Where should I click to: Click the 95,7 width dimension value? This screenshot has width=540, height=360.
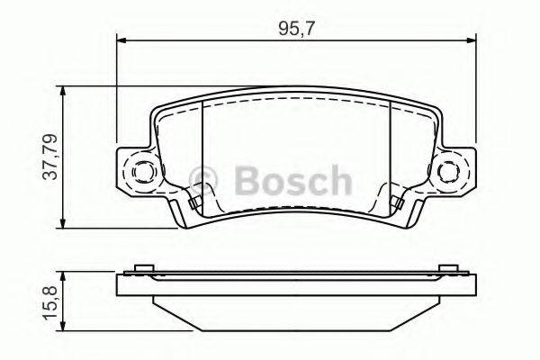click(x=297, y=27)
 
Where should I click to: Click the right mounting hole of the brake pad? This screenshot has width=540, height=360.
click(x=449, y=170)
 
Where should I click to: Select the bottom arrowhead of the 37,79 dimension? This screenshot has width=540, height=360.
click(x=63, y=223)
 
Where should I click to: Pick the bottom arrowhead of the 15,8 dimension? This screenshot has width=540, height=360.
click(x=63, y=327)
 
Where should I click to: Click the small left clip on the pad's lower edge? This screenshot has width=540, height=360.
click(x=194, y=203)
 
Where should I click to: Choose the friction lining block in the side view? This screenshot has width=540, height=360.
click(x=295, y=310)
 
